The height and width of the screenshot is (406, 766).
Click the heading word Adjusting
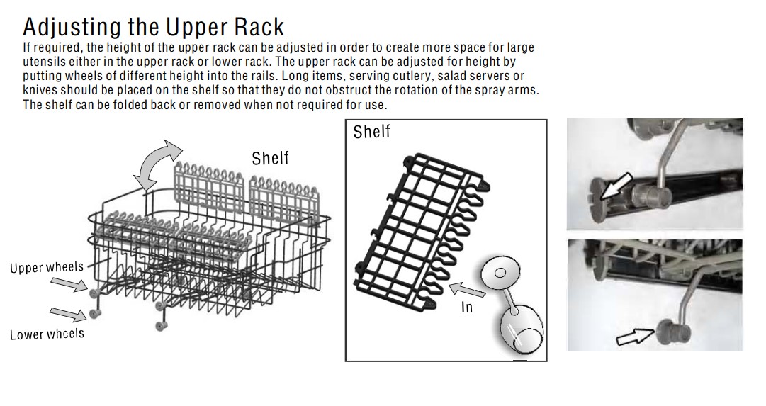pyautogui.click(x=72, y=28)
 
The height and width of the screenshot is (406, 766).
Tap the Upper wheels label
pyautogui.click(x=47, y=267)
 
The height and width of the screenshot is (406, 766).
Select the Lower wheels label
pyautogui.click(x=47, y=334)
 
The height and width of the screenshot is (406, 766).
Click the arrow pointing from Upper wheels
pyautogui.click(x=69, y=284)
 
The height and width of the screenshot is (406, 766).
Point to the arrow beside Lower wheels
pyautogui.click(x=69, y=314)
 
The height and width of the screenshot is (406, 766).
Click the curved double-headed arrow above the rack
pyautogui.click(x=157, y=164)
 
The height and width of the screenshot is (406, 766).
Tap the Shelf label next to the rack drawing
pyautogui.click(x=270, y=158)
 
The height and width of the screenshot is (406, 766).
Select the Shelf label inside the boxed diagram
pyautogui.click(x=372, y=132)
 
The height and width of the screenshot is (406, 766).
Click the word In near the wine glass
pyautogui.click(x=466, y=307)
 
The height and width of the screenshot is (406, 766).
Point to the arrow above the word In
pyautogui.click(x=466, y=290)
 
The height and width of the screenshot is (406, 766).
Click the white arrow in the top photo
pyautogui.click(x=616, y=186)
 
